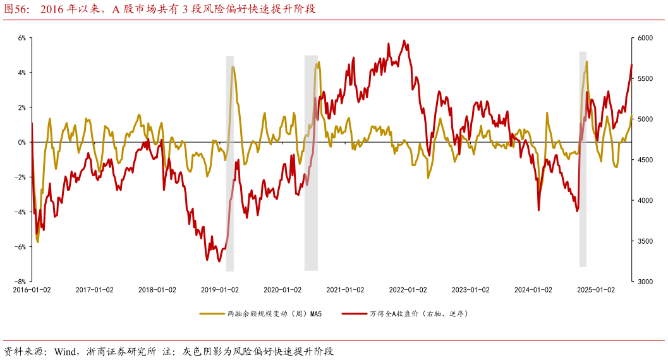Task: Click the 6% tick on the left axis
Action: [21, 38]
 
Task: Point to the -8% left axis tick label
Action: [20, 282]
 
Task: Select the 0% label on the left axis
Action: [21, 142]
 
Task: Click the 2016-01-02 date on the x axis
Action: [32, 290]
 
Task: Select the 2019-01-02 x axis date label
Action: [220, 290]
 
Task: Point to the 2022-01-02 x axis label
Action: [408, 290]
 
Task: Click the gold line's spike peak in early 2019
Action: [233, 66]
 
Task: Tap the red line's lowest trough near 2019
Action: [207, 260]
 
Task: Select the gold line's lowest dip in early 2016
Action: [38, 242]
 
